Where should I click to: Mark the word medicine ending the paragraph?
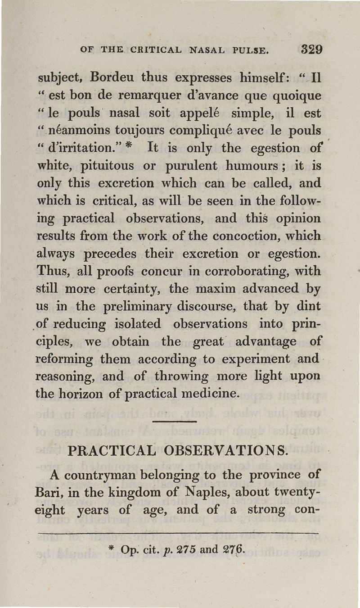pyautogui.click(x=213, y=394)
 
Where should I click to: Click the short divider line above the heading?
pyautogui.click(x=175, y=422)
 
